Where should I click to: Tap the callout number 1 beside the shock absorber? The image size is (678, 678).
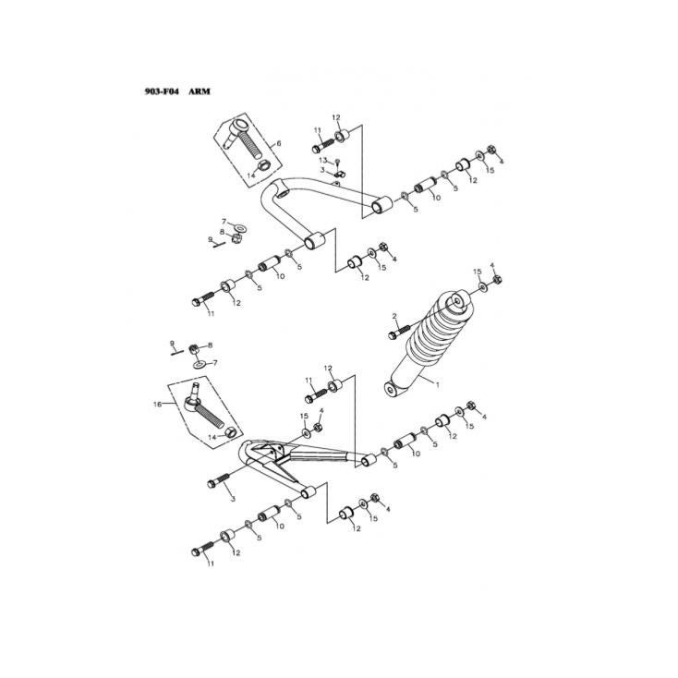point(438,381)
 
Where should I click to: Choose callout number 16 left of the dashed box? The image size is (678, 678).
point(157,405)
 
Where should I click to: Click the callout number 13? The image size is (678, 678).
point(324,160)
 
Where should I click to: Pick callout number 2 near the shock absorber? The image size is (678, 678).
point(393,316)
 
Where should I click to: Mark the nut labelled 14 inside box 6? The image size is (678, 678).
point(262,167)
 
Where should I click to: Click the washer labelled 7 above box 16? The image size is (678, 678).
point(200,364)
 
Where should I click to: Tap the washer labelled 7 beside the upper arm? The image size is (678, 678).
point(239,226)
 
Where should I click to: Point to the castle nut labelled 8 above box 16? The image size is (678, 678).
point(194,349)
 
